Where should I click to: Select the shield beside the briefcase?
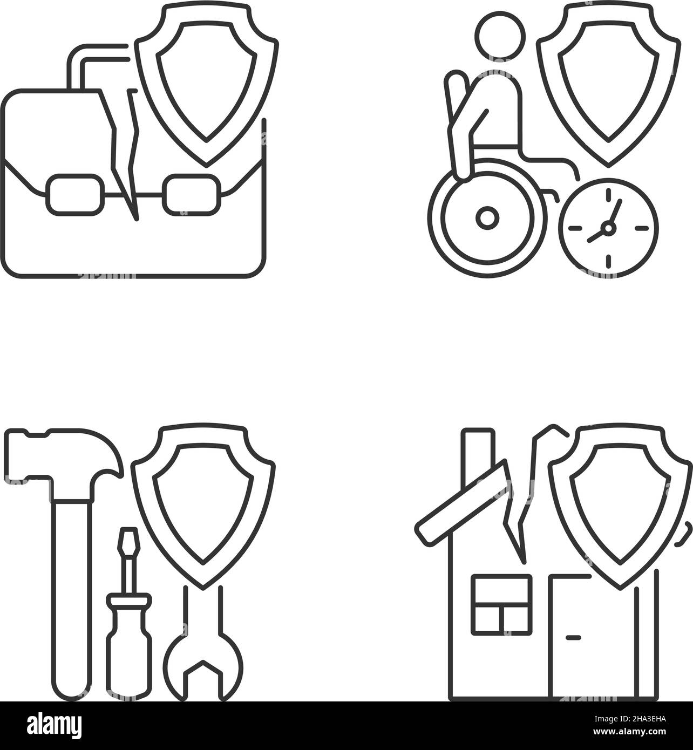(206, 81)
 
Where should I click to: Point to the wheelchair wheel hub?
(487, 217)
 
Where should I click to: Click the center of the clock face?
(608, 228)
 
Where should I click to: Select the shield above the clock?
(608, 81)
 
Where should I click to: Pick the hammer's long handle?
(72, 583)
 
